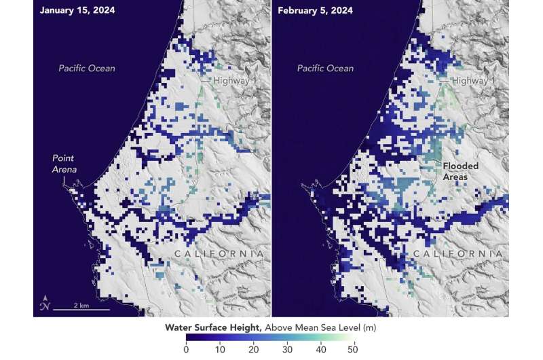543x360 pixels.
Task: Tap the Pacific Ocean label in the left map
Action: point(86,68)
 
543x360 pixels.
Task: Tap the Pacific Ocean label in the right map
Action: point(324,68)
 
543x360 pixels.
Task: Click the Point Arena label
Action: point(65,164)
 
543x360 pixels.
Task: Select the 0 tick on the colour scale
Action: point(186,350)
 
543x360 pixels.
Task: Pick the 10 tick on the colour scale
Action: point(220,350)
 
